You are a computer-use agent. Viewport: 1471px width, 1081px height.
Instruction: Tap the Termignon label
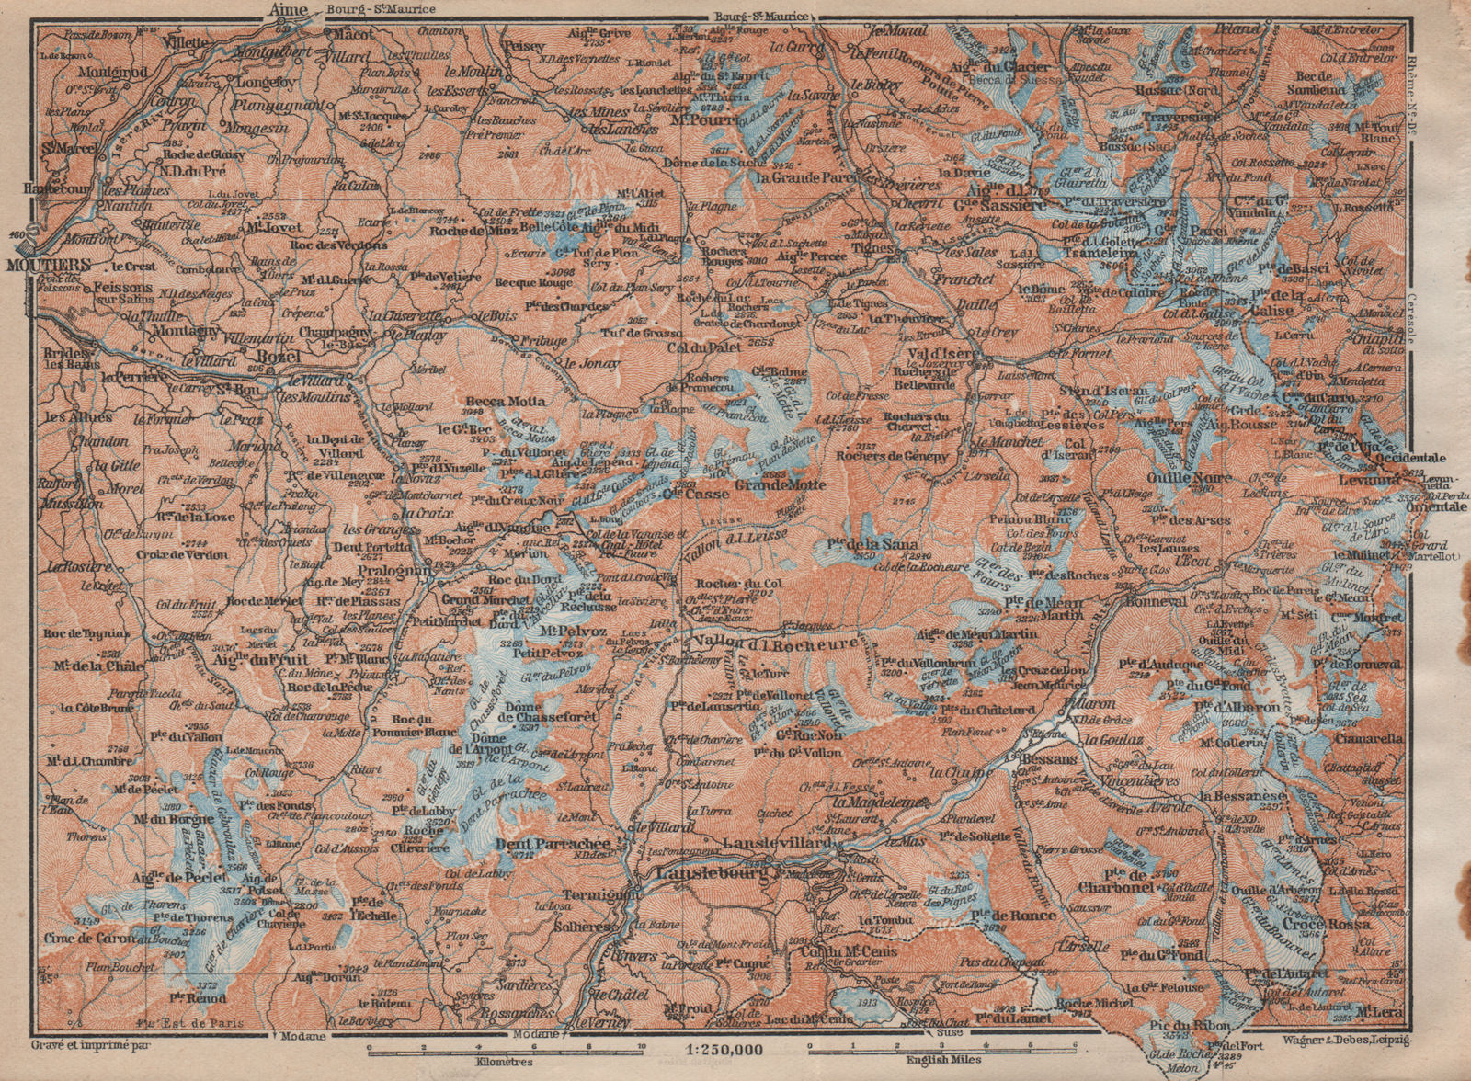tap(596, 893)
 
